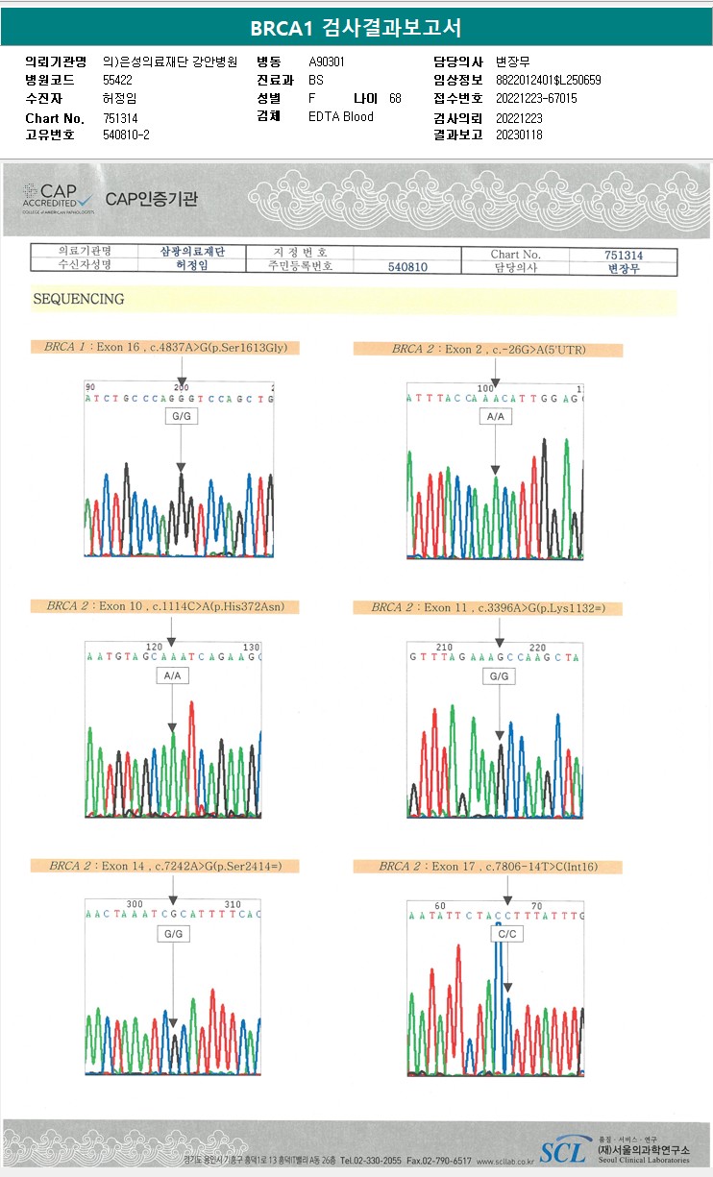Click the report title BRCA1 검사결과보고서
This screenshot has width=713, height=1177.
pyautogui.click(x=356, y=27)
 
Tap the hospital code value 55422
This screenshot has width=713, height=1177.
pyautogui.click(x=118, y=80)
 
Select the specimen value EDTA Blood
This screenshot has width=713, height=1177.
pyautogui.click(x=341, y=117)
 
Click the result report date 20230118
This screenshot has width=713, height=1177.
pyautogui.click(x=519, y=135)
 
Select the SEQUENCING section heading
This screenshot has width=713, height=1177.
pyautogui.click(x=79, y=300)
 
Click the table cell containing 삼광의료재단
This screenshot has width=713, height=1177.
pyautogui.click(x=193, y=252)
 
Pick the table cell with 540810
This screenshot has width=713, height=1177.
pyautogui.click(x=407, y=267)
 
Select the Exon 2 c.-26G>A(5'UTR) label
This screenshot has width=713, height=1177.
pyautogui.click(x=488, y=350)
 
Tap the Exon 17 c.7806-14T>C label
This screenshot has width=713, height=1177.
pyautogui.click(x=488, y=867)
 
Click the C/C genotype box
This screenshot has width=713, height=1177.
pyautogui.click(x=506, y=934)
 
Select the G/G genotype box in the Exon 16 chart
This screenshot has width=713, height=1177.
pyautogui.click(x=181, y=417)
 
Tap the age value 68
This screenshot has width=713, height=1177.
pyautogui.click(x=395, y=99)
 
